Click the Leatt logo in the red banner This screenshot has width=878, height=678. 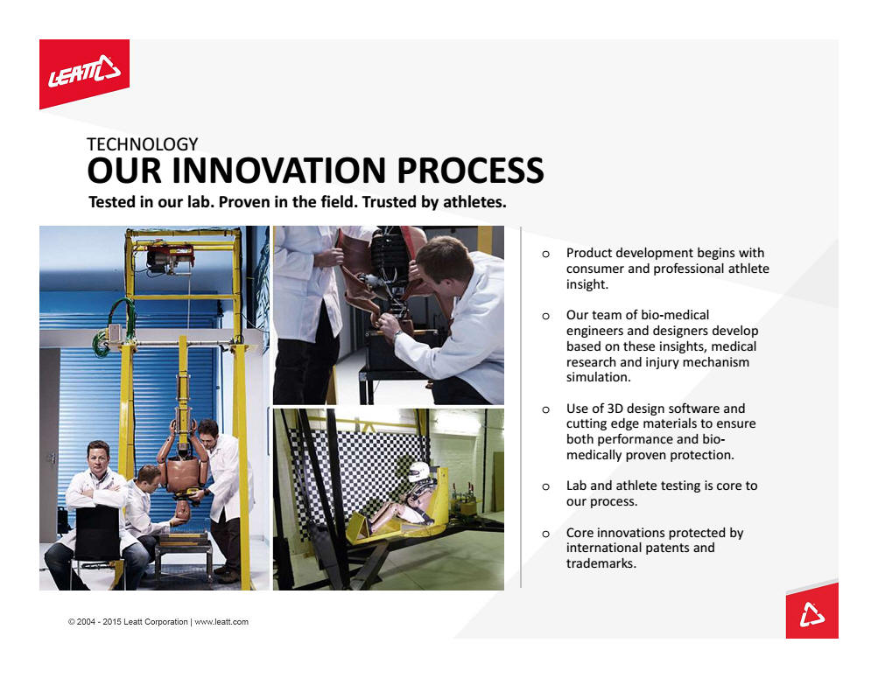click(84, 71)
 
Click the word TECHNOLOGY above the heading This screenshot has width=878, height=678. click(142, 144)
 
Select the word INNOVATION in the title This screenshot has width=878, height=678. click(279, 171)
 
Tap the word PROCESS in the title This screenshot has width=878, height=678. click(470, 171)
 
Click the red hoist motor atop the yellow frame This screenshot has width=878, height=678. click(170, 257)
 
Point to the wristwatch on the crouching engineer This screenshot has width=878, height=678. click(397, 335)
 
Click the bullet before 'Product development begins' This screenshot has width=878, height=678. click(546, 254)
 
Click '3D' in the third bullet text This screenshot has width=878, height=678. click(616, 409)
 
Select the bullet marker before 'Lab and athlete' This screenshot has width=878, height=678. click(546, 486)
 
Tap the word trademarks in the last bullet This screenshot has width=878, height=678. click(601, 563)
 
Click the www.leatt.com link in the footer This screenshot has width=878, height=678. click(221, 621)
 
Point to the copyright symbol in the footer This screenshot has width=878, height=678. click(72, 621)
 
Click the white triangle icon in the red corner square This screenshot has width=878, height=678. click(812, 614)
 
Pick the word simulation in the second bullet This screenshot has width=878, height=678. click(598, 377)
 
